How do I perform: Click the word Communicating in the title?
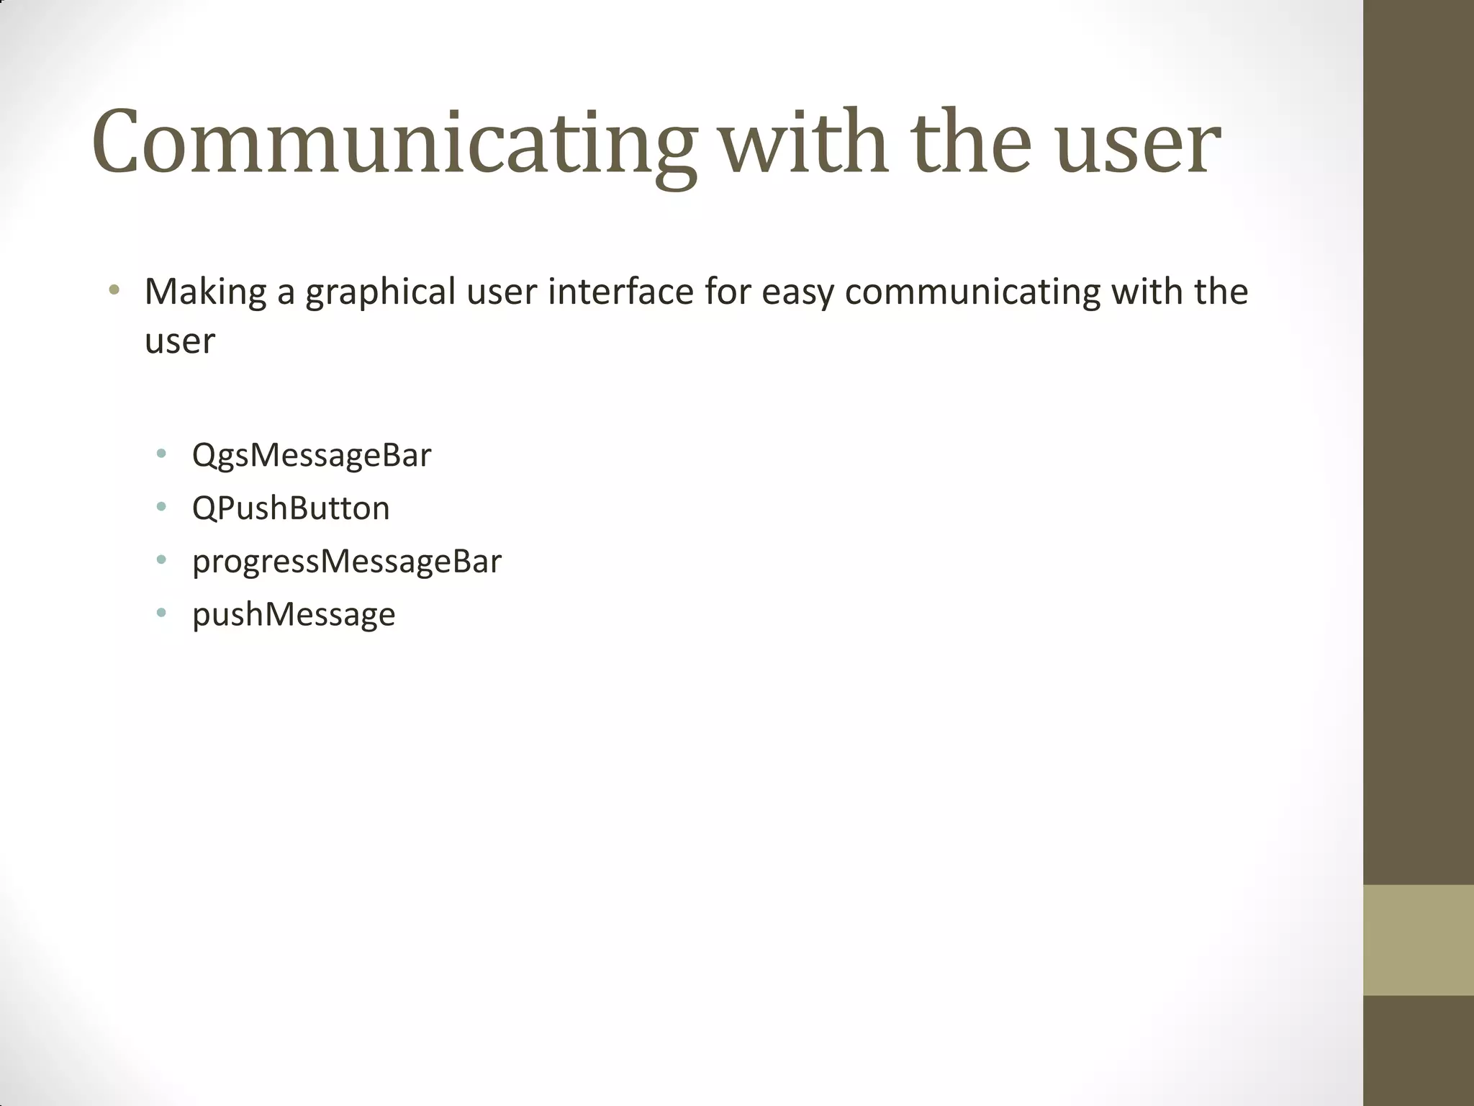pyautogui.click(x=394, y=143)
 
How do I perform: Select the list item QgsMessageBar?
pyautogui.click(x=311, y=456)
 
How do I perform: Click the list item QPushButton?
pyautogui.click(x=291, y=508)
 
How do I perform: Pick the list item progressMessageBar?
pyautogui.click(x=346, y=562)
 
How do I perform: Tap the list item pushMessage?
pyautogui.click(x=294, y=615)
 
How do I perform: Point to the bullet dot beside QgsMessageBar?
pyautogui.click(x=161, y=454)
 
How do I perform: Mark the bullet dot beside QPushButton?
pyautogui.click(x=161, y=508)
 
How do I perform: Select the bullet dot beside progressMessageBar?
pyautogui.click(x=161, y=560)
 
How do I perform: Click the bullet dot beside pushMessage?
pyautogui.click(x=161, y=613)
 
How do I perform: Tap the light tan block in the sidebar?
pyautogui.click(x=1418, y=940)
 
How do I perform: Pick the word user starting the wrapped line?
pyautogui.click(x=179, y=341)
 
